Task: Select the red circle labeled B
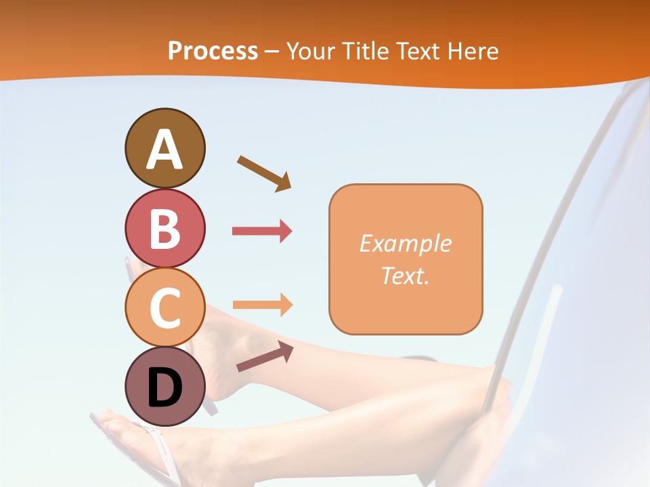point(165,229)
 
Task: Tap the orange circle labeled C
point(165,307)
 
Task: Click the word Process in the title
point(213,51)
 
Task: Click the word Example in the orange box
point(405,243)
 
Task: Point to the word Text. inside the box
point(405,275)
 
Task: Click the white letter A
point(165,149)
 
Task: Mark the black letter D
point(165,388)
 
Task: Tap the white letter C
point(165,308)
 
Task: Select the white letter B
point(165,229)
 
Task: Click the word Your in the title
point(309,51)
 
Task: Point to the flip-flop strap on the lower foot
point(158,446)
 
